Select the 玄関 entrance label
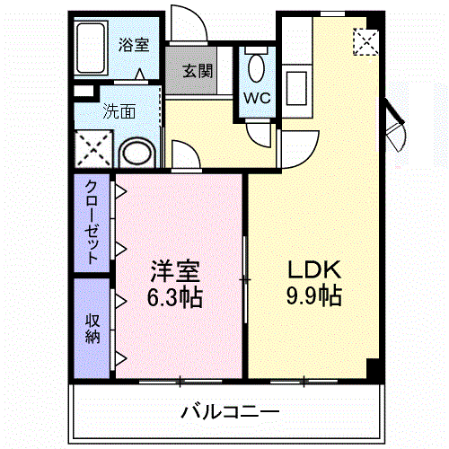point(198,71)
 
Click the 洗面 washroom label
point(119,112)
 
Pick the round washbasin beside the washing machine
point(137,151)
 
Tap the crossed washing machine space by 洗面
point(93,148)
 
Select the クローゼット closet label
point(92,220)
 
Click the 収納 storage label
point(92,329)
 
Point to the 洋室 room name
point(175,270)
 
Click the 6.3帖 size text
point(175,296)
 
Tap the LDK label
point(313,269)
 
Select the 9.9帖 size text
point(313,295)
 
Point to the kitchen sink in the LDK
point(295,89)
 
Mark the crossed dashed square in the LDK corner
point(365,41)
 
